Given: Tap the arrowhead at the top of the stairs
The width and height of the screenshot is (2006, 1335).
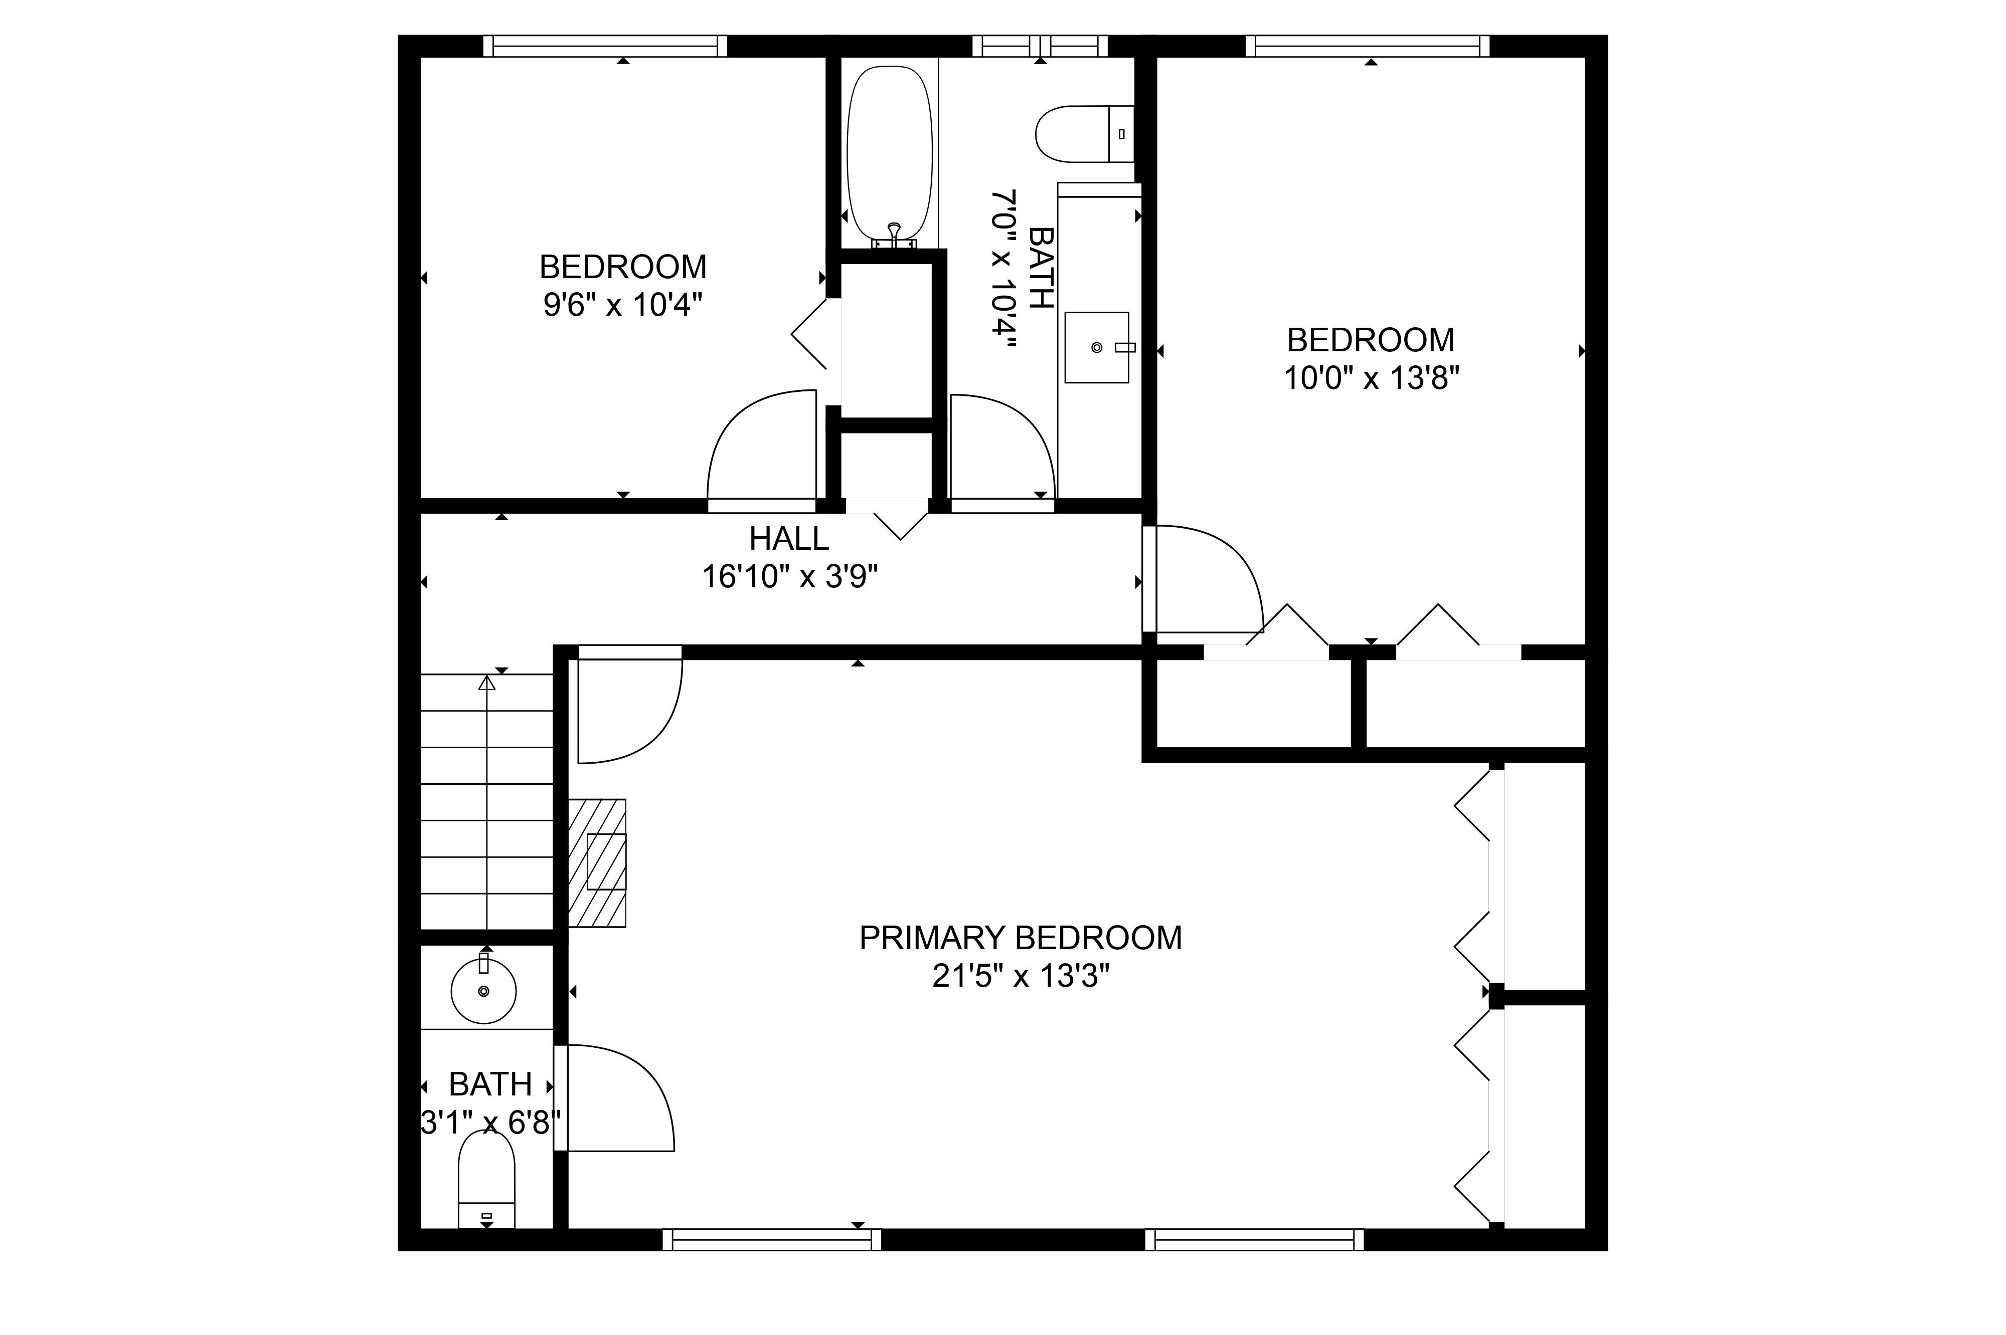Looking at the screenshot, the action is pyautogui.click(x=486, y=682).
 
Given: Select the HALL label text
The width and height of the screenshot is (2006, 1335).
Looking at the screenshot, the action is pyautogui.click(x=789, y=538).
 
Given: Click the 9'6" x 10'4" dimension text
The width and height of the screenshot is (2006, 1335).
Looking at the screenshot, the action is pyautogui.click(x=623, y=305).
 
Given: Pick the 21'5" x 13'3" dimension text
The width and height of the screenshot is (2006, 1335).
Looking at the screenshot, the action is pyautogui.click(x=1021, y=976).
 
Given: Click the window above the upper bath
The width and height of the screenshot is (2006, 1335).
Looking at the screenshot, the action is pyautogui.click(x=1040, y=46).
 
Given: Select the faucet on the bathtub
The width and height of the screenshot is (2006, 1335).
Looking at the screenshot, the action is pyautogui.click(x=894, y=234).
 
